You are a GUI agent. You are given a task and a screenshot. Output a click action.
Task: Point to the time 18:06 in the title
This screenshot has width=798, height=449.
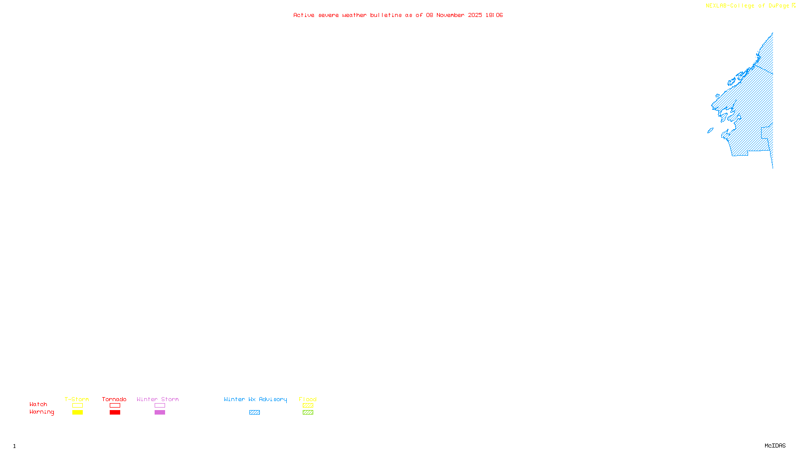[494, 15]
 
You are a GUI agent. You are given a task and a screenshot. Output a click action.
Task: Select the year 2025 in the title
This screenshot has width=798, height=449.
[475, 15]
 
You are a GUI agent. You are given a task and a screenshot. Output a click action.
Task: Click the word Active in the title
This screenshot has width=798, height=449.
[304, 15]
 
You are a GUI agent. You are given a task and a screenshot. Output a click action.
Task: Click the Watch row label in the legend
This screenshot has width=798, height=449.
[38, 405]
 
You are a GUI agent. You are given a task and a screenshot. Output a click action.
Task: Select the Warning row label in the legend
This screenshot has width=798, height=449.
[41, 412]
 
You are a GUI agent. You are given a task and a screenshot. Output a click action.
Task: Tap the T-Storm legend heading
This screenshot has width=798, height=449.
[77, 399]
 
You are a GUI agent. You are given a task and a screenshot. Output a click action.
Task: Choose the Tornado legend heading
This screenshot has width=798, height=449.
[114, 399]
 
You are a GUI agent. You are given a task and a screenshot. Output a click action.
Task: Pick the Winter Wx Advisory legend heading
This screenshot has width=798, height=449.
[255, 399]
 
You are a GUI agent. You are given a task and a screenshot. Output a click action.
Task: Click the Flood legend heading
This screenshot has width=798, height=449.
[308, 399]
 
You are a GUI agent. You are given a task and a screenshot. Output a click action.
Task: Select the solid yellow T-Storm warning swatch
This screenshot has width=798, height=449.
[77, 413]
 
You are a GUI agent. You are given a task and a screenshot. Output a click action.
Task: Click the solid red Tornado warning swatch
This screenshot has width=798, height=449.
[115, 413]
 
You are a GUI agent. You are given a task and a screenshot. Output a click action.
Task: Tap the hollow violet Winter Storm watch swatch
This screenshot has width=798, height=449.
[160, 406]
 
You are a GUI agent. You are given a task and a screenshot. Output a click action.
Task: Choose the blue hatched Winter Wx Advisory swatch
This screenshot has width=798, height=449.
[254, 413]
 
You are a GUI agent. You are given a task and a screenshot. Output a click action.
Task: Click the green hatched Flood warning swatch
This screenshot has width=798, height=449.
[308, 413]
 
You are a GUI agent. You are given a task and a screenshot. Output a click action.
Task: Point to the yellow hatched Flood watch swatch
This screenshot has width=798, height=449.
[308, 406]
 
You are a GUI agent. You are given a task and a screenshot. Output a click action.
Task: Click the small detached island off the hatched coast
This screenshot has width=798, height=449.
[710, 131]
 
